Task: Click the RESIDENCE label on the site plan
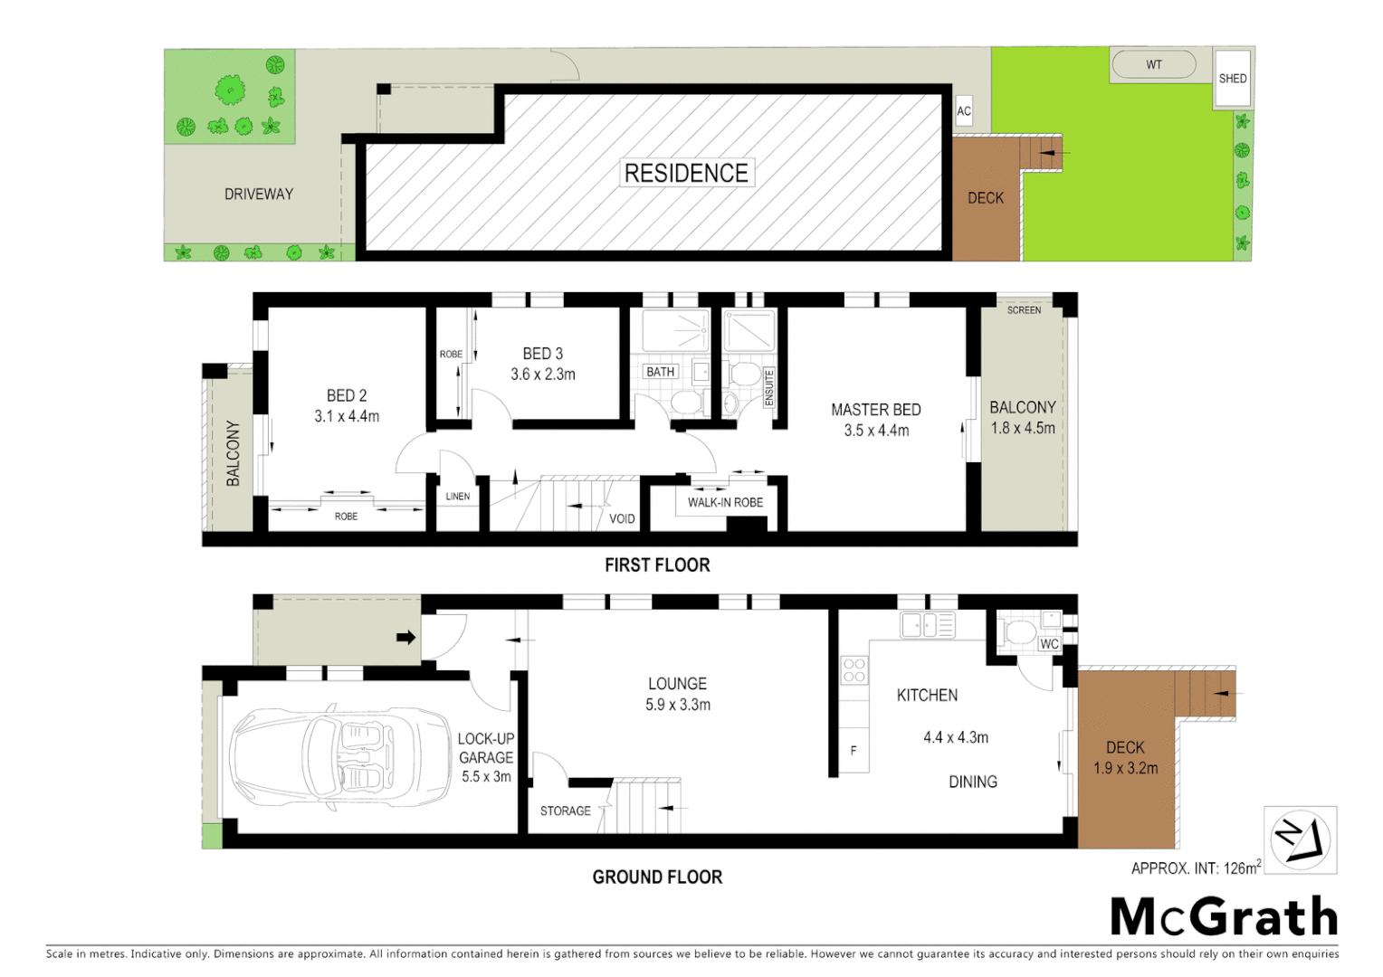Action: tap(686, 173)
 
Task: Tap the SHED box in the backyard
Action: tap(1232, 78)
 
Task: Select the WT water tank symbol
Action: tap(1153, 64)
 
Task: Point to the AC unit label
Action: tap(964, 111)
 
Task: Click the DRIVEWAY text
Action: tap(259, 194)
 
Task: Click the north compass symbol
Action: tap(1300, 839)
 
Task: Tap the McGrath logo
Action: tap(1224, 917)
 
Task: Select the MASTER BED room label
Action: tap(875, 410)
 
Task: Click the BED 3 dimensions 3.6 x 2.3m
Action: tap(542, 374)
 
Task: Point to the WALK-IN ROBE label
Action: tap(725, 502)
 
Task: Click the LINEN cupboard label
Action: tap(458, 496)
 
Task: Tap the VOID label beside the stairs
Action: tap(622, 518)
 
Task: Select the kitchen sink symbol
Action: tap(927, 624)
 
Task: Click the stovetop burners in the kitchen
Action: tap(854, 669)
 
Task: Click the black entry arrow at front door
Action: tap(405, 637)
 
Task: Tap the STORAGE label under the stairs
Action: tap(565, 811)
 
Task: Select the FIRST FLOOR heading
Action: tap(657, 565)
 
